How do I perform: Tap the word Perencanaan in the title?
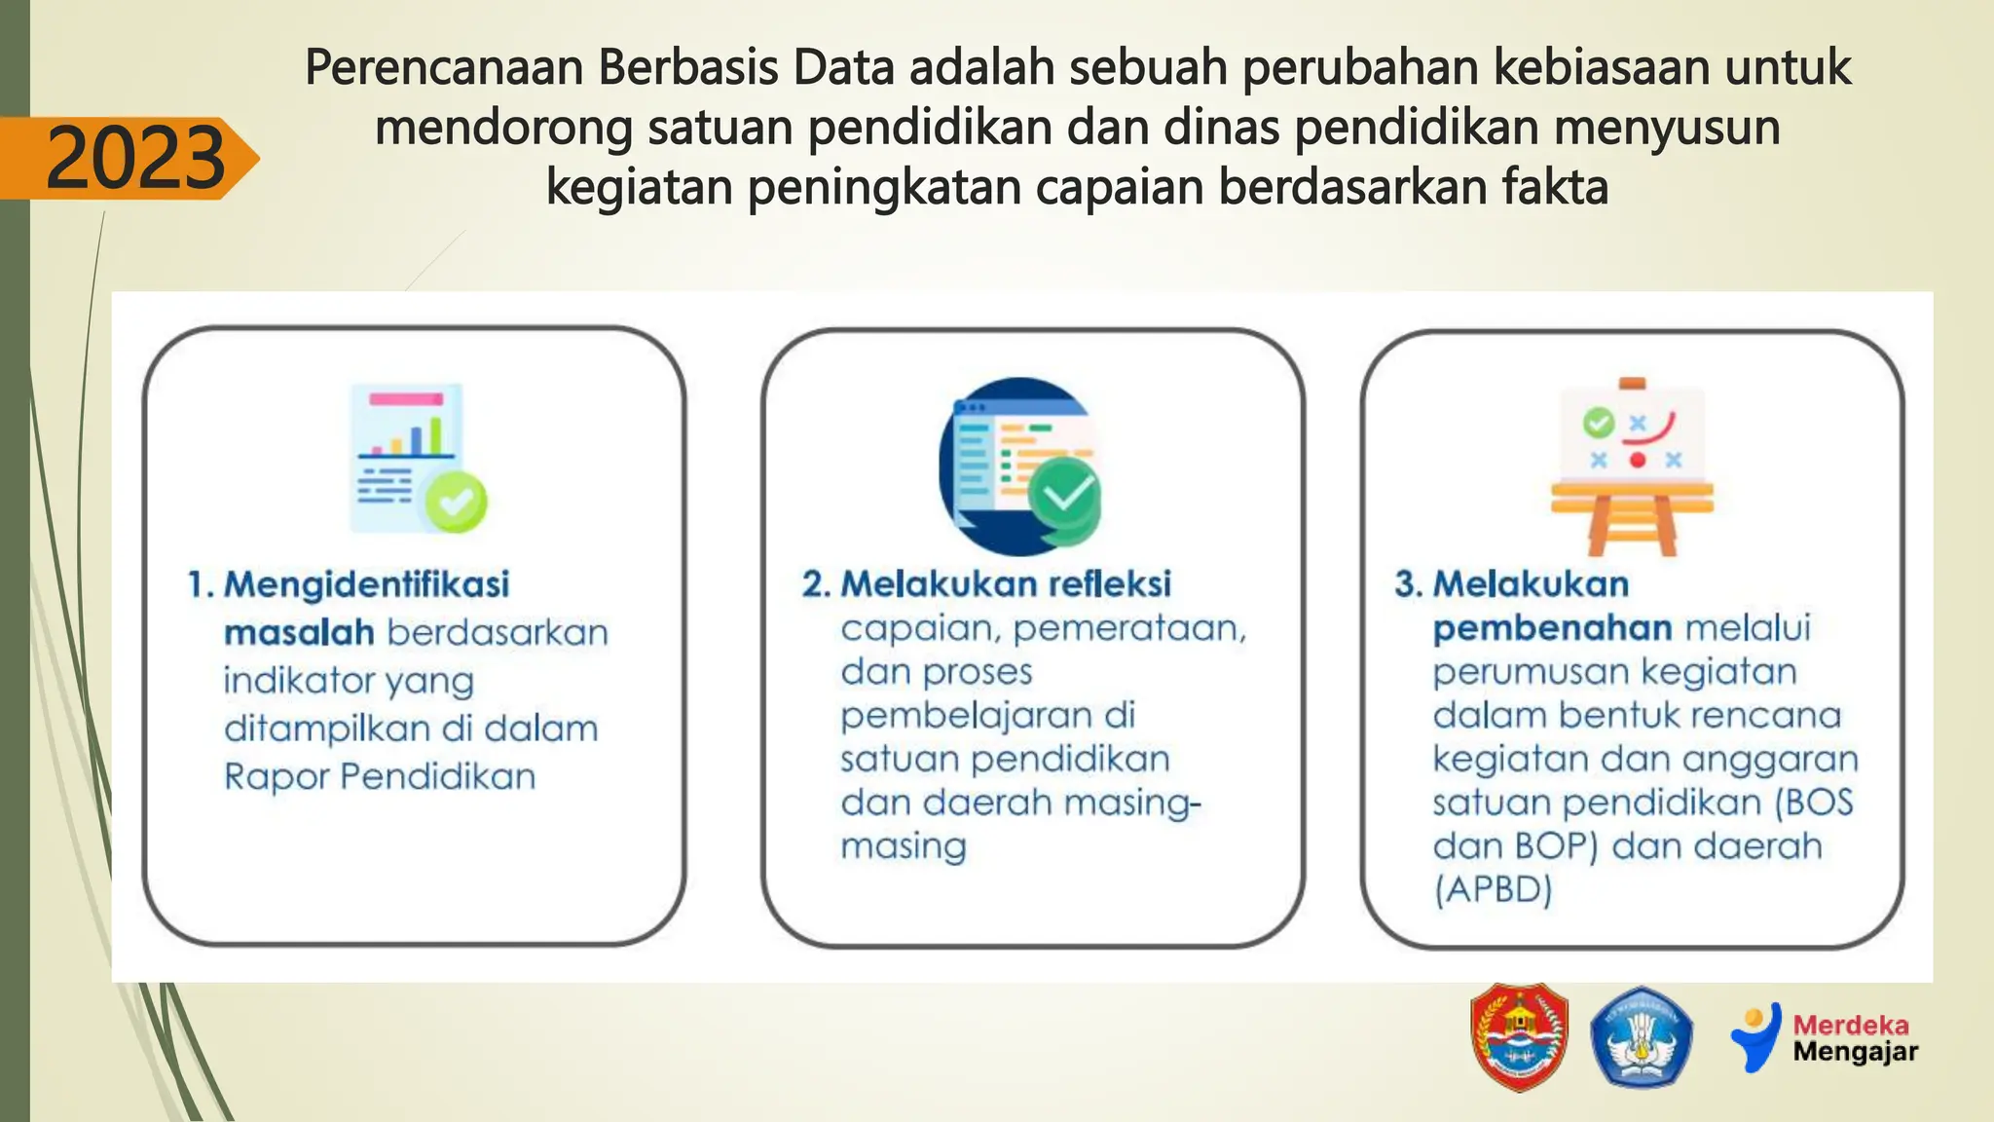tap(443, 68)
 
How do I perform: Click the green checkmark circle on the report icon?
tap(456, 502)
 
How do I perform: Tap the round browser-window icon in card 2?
tap(1018, 466)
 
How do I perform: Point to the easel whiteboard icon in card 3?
tap(1632, 466)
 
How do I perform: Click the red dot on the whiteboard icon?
tap(1638, 460)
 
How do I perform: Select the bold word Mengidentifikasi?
tap(366, 584)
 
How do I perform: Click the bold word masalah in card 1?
tap(299, 633)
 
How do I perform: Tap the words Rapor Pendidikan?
tap(380, 777)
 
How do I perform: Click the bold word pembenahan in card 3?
tap(1552, 629)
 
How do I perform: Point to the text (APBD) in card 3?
tap(1493, 889)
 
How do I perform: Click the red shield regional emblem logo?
tap(1519, 1036)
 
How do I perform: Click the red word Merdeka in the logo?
tap(1850, 1025)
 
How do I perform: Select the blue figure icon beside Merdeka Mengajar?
tap(1756, 1038)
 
